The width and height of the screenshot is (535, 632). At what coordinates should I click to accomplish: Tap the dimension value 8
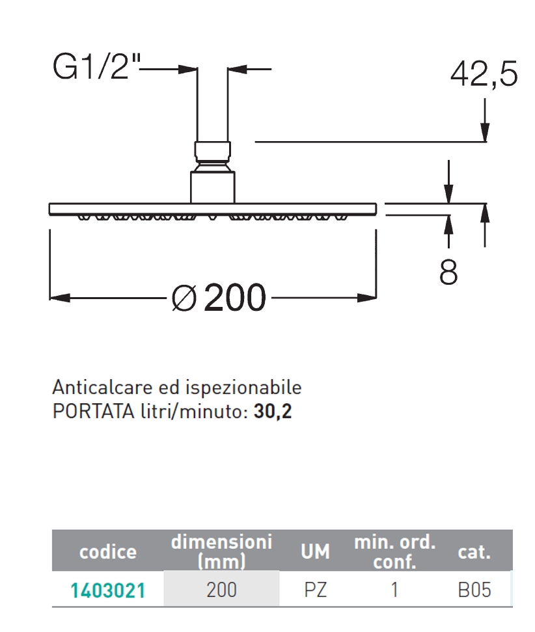pos(448,273)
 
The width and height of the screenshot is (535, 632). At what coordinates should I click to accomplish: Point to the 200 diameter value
pos(235,298)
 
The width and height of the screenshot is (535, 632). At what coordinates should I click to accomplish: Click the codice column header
pos(108,552)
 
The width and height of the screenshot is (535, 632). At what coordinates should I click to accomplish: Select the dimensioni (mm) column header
pos(221,551)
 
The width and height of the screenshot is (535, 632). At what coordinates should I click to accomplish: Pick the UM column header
pos(316,552)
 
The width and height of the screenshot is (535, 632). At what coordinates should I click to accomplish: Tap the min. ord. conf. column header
pos(394,552)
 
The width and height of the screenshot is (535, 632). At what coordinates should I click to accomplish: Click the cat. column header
pos(474,552)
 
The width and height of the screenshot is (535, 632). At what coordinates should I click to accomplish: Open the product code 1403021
pos(108,590)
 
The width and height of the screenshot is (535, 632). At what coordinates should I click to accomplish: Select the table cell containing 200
pos(221,590)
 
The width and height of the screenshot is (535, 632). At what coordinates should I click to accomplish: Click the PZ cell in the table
pos(316,590)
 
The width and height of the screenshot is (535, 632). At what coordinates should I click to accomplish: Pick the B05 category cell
pos(474,590)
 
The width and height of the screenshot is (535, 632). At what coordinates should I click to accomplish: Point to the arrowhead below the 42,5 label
pos(485,133)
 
